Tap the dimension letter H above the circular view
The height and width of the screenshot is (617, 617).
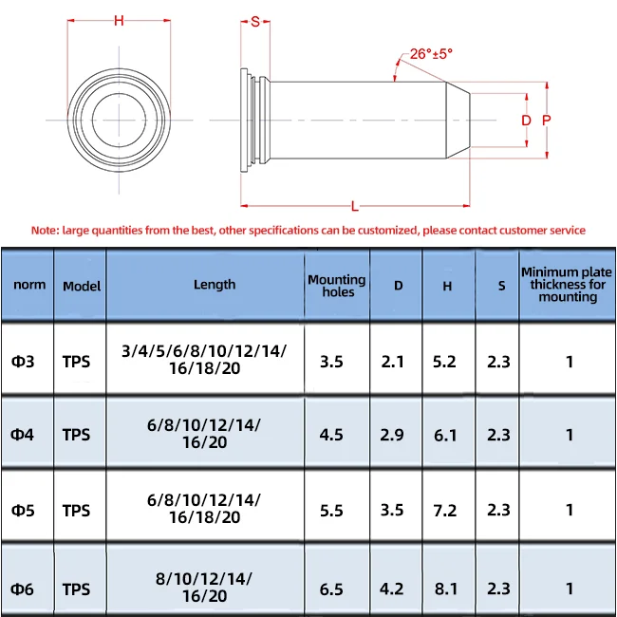119,21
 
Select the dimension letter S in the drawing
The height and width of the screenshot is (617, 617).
255,22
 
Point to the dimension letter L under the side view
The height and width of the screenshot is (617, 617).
354,206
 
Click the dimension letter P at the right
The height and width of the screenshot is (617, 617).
546,121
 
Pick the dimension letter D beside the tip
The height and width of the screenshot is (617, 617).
526,121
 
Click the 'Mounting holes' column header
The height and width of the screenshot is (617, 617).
337,285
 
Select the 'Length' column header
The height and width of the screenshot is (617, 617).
215,284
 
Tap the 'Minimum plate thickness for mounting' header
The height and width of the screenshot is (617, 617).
568,285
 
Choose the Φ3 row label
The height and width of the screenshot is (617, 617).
23,361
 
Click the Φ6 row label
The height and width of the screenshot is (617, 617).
23,589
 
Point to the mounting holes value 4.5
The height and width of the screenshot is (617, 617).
331,435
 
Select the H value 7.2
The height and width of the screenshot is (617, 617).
447,511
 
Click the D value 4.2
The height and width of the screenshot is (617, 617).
392,589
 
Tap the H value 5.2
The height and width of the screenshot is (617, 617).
447,361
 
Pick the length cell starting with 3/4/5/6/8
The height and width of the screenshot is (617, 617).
204,360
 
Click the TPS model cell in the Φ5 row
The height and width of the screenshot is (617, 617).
77,511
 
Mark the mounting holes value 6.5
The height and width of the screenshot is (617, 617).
331,589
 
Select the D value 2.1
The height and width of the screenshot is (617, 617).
392,361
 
